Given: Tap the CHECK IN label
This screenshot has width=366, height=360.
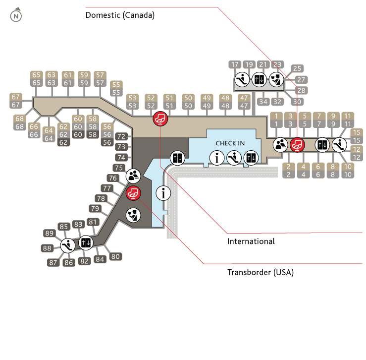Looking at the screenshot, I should pos(230,143).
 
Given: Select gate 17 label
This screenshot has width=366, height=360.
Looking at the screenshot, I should pos(235,64).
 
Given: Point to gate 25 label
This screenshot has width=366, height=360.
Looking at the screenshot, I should pos(297,68).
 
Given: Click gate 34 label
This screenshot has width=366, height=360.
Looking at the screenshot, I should pos(263,102).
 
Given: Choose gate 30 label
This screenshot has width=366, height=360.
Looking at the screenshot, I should pos(297,102).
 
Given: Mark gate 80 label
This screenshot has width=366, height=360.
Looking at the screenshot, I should pos(115,256).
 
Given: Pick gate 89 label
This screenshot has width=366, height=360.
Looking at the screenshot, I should pos(49,233).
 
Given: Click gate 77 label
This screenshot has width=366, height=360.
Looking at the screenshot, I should pos(106,188).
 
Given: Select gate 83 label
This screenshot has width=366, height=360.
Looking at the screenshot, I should pos(78,224).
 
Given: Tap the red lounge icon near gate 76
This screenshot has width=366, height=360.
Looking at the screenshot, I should pos(133,193).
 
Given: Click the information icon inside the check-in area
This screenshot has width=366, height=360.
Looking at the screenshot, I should pos(217,158).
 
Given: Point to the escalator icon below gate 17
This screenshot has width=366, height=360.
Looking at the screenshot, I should pos(242,79).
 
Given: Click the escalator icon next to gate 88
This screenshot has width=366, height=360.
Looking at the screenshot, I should pos(68,244).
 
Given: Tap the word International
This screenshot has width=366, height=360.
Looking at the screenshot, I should pos(251,242).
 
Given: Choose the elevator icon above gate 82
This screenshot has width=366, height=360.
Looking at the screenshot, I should pos(86,243).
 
